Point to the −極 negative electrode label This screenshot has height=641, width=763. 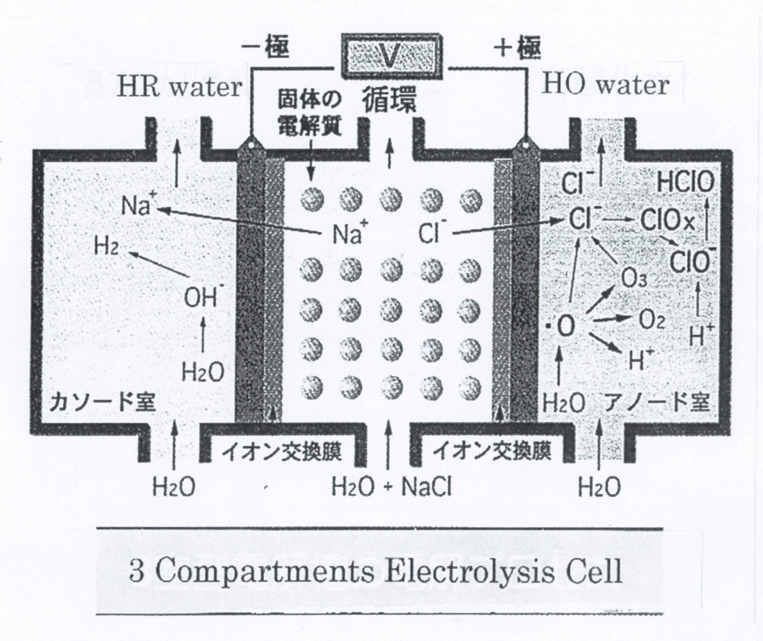coord(265,48)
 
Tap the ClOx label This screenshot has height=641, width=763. coord(668,222)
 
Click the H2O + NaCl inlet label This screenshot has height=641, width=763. coord(391,487)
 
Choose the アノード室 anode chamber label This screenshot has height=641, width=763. coord(657,403)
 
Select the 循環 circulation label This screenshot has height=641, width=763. coord(389,101)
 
